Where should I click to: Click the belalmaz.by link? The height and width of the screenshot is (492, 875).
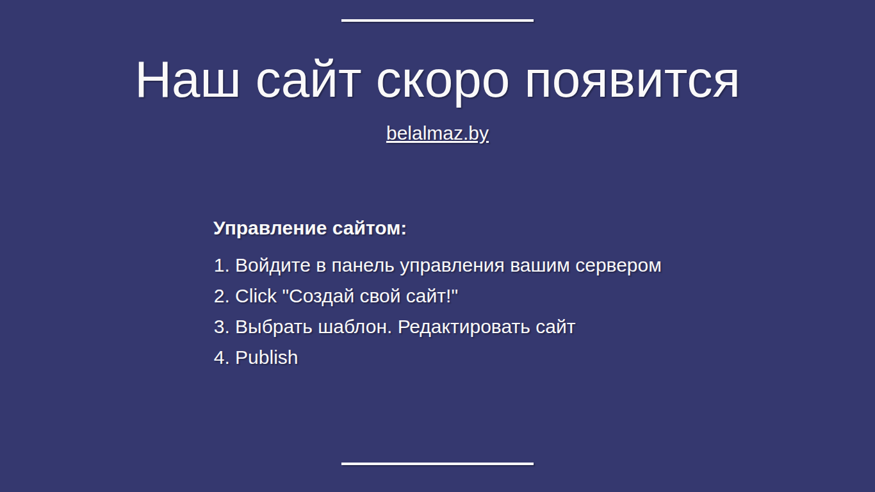[x=437, y=134]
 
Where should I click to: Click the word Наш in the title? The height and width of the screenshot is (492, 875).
[x=188, y=79]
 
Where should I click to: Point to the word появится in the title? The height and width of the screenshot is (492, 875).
[x=632, y=83]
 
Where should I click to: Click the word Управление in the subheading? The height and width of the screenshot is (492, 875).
[x=270, y=228]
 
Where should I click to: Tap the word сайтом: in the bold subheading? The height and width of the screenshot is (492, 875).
[x=370, y=229]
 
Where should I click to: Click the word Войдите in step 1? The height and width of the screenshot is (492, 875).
[x=273, y=265]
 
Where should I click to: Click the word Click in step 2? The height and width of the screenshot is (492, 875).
[x=256, y=296]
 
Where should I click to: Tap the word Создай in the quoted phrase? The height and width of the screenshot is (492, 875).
[x=322, y=297]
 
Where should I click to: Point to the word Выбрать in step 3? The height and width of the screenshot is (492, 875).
[x=274, y=327]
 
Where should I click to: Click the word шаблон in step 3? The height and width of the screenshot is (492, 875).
[x=354, y=327]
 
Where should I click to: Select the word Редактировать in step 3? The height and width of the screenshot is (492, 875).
[x=464, y=327]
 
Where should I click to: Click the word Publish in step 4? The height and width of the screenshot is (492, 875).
[x=266, y=357]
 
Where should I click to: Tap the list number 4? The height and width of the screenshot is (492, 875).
[x=222, y=357]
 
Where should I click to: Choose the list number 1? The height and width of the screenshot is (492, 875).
[x=222, y=265]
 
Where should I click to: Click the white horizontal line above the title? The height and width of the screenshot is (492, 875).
[x=437, y=20]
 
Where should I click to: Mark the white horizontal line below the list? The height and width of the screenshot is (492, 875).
[x=437, y=464]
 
